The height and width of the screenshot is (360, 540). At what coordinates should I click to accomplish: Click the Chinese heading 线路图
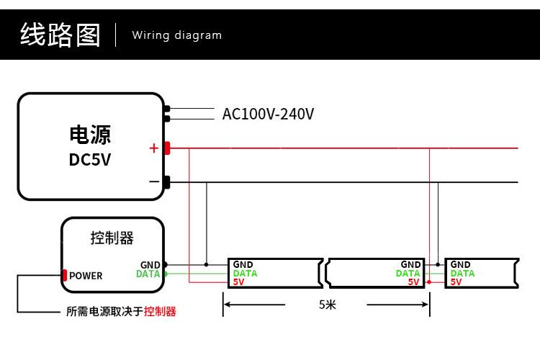pyautogui.click(x=60, y=35)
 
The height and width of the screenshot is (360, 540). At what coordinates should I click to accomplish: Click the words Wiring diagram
pyautogui.click(x=177, y=35)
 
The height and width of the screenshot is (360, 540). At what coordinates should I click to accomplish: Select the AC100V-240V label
pyautogui.click(x=268, y=114)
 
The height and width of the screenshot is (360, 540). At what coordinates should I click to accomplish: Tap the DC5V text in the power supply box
pyautogui.click(x=90, y=160)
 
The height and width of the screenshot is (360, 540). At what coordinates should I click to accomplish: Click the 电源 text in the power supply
pyautogui.click(x=90, y=135)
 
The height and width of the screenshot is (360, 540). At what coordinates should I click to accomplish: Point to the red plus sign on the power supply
pyautogui.click(x=154, y=148)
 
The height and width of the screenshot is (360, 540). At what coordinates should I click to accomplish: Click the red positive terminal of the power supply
pyautogui.click(x=167, y=148)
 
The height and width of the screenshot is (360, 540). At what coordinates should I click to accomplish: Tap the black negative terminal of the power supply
pyautogui.click(x=167, y=182)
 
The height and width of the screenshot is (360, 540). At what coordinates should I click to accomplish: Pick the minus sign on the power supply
pyautogui.click(x=154, y=181)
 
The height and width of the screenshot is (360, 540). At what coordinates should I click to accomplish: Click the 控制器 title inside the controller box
pyautogui.click(x=112, y=238)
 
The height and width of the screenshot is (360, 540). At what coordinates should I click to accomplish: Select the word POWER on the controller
pyautogui.click(x=86, y=276)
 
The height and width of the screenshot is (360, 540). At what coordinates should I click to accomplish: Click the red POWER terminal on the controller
pyautogui.click(x=64, y=275)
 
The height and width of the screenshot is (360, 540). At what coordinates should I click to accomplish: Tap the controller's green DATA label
pyautogui.click(x=148, y=274)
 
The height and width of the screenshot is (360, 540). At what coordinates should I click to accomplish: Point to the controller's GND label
pyautogui.click(x=150, y=265)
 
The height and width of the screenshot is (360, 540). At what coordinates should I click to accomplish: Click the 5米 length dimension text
pyautogui.click(x=327, y=305)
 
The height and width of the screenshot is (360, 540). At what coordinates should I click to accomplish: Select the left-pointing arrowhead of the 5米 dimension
pyautogui.click(x=228, y=305)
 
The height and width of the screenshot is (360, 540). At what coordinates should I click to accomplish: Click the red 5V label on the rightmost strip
pyautogui.click(x=456, y=282)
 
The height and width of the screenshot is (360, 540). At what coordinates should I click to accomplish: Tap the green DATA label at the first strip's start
pyautogui.click(x=246, y=274)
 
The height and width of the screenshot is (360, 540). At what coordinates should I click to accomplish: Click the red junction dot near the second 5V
pyautogui.click(x=429, y=282)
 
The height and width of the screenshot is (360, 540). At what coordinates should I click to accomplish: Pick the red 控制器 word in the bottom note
pyautogui.click(x=160, y=312)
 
